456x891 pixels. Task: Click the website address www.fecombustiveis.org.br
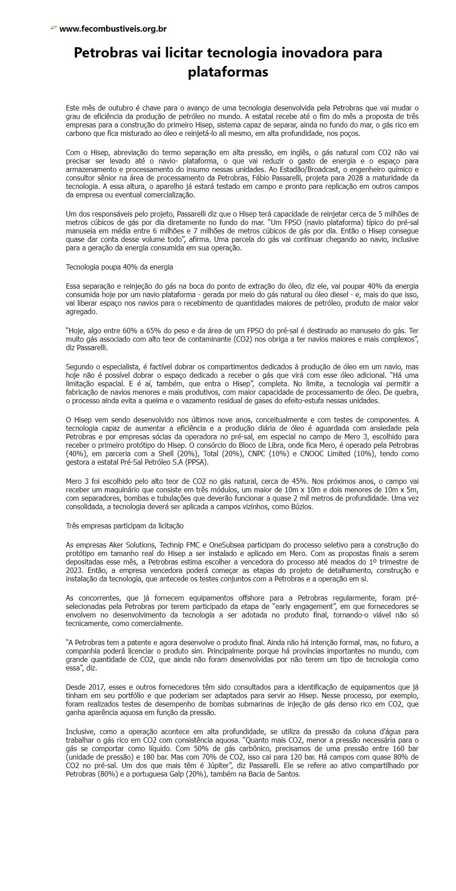(x=113, y=29)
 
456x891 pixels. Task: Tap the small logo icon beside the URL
(x=53, y=29)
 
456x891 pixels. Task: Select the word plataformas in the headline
(x=228, y=72)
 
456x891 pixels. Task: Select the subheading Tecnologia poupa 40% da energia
(x=119, y=267)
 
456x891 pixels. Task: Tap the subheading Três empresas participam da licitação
(x=125, y=526)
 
